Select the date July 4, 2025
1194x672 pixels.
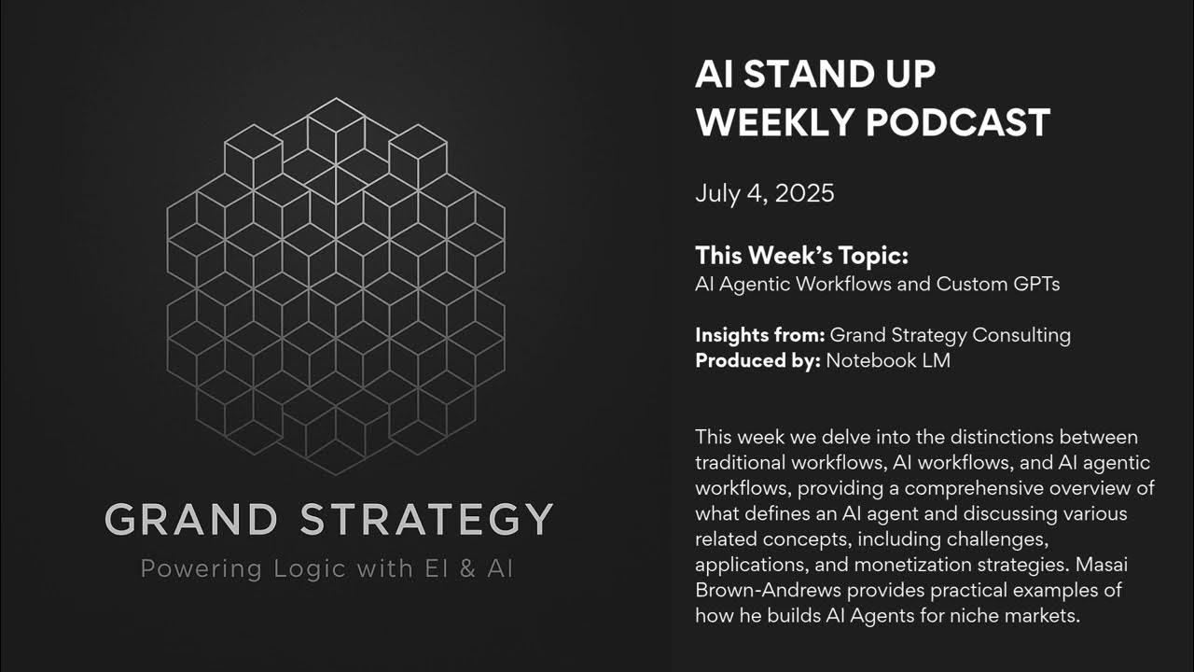[764, 193]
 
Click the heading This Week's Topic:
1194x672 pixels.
[801, 256]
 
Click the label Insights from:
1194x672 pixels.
[759, 334]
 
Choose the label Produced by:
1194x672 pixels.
[757, 360]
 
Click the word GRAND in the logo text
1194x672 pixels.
[191, 520]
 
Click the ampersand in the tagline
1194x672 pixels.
[467, 568]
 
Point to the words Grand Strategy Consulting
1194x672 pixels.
[950, 334]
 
